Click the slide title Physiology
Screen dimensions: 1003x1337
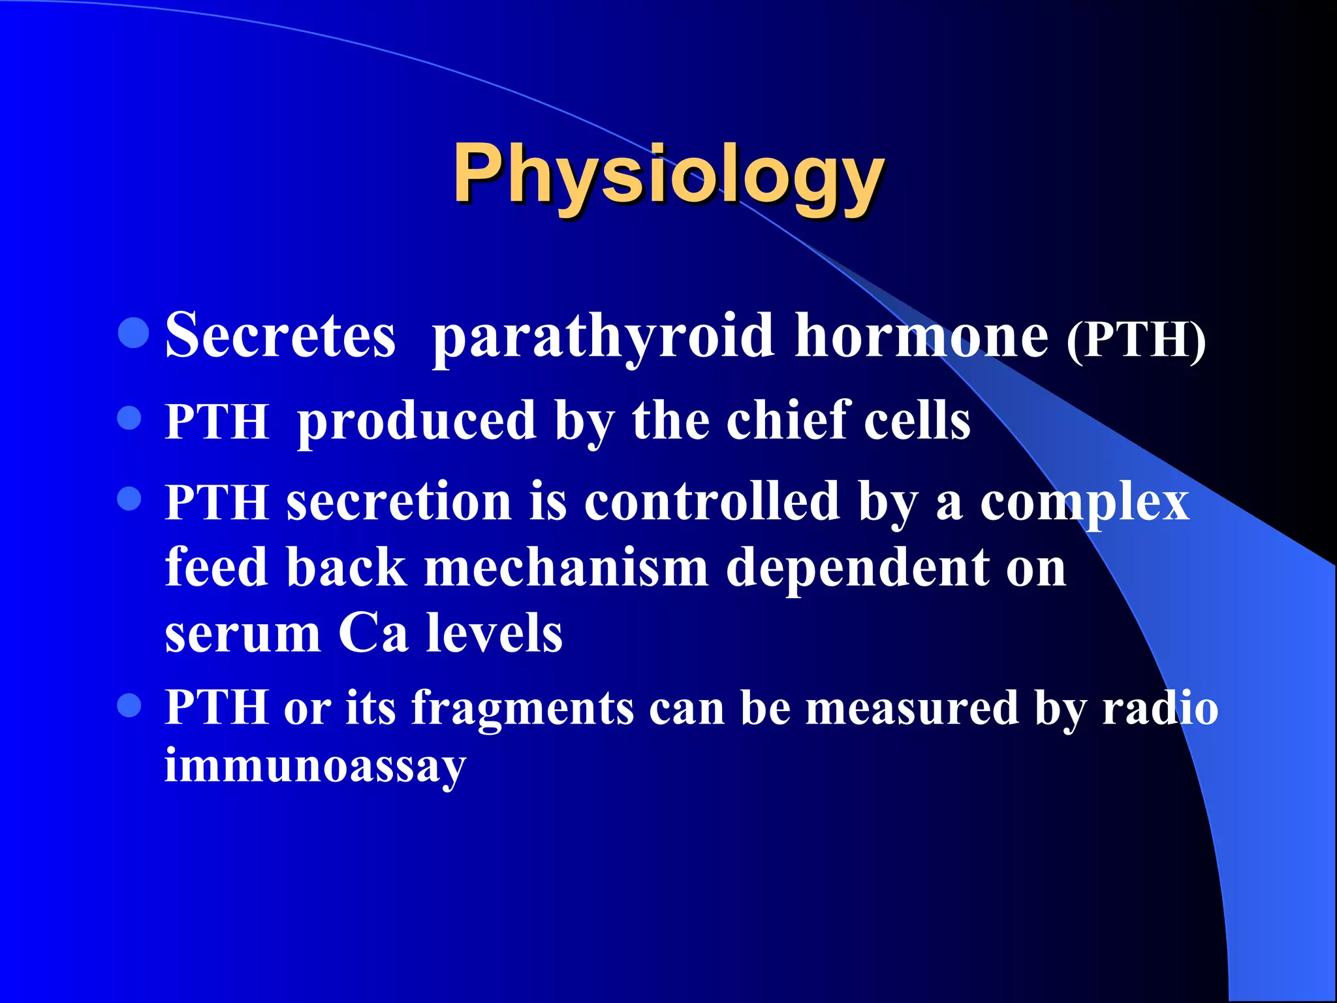668,175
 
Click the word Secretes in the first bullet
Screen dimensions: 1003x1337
280,335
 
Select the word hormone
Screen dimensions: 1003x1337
921,335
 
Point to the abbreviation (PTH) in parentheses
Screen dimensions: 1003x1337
1135,339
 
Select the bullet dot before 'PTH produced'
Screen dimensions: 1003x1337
129,418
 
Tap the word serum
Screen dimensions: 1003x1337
243,633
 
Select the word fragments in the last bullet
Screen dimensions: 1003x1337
522,709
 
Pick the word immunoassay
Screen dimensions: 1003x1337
315,766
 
